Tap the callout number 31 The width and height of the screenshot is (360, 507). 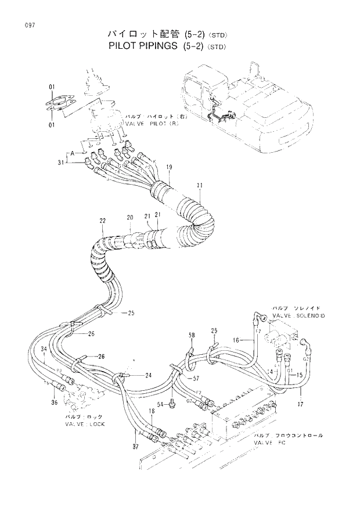coord(60,163)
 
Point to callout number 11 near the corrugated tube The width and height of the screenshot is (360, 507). coord(199,185)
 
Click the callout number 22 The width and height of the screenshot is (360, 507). coord(103,221)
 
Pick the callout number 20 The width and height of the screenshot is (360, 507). coord(131,217)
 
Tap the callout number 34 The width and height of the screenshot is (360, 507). coord(44,348)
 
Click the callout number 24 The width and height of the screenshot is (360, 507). coord(149,375)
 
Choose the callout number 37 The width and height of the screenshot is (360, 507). coord(135,446)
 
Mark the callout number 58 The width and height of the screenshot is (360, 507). coord(191,335)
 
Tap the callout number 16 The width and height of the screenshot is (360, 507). coord(236,340)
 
